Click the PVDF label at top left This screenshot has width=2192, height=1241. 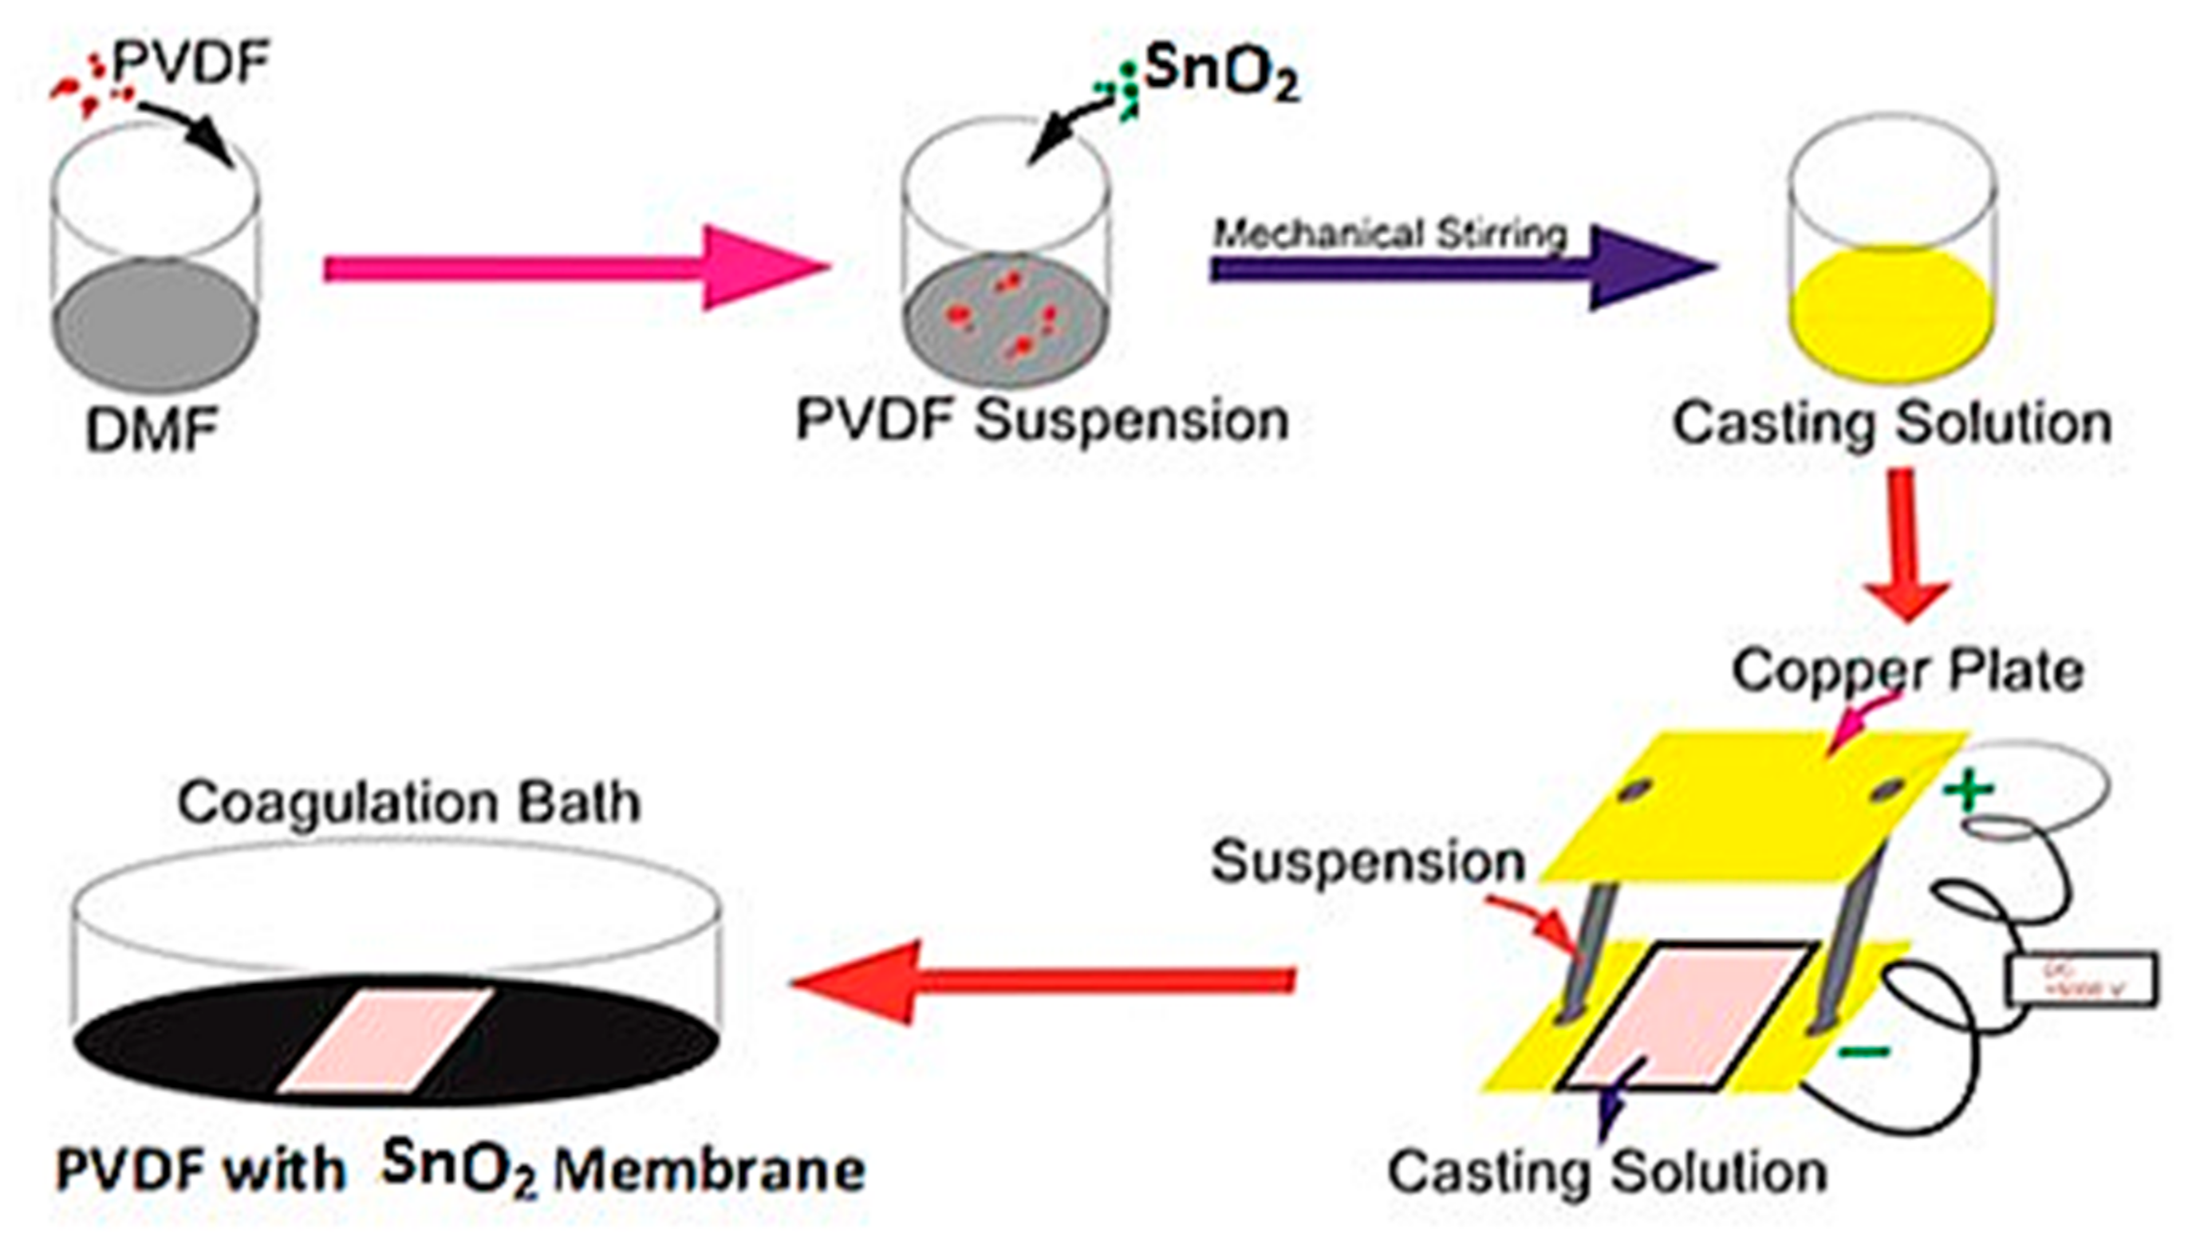coord(191,63)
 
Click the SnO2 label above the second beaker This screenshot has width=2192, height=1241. coord(1220,75)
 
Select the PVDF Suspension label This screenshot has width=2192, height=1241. coord(1042,420)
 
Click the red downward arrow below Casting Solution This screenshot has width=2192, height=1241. coord(1905,546)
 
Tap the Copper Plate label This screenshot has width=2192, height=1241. coord(1907,672)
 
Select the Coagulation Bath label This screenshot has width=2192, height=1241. coord(409,802)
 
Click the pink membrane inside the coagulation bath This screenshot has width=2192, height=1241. coord(385,1040)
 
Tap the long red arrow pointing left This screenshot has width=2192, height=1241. coord(1039,981)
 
